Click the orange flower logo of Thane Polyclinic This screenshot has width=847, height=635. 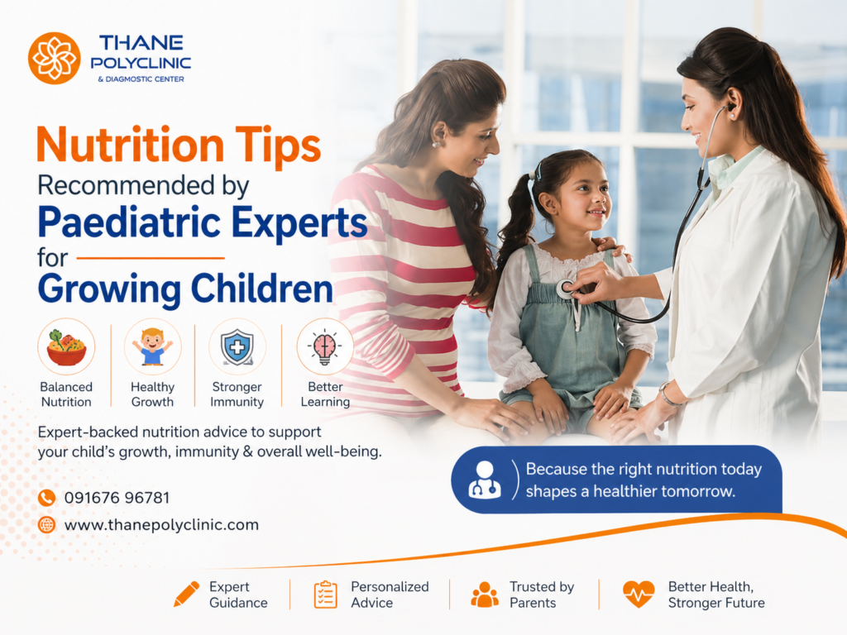tap(54, 59)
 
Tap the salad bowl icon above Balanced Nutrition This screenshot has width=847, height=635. tap(66, 347)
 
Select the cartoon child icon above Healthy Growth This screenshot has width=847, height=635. tap(153, 346)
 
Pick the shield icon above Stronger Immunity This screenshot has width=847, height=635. tap(237, 347)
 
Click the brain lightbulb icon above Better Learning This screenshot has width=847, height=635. tap(324, 347)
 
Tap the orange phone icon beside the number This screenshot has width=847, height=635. tap(46, 497)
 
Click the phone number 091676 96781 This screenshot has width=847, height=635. tap(117, 497)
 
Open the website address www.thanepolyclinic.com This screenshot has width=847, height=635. tap(161, 525)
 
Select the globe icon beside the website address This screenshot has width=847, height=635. tap(46, 524)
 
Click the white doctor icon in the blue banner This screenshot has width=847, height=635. tap(485, 480)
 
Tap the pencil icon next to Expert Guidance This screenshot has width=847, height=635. tap(186, 594)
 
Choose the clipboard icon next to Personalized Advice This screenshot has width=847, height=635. tap(326, 594)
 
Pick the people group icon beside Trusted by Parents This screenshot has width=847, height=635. tap(485, 594)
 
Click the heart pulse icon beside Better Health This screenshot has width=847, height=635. tap(639, 594)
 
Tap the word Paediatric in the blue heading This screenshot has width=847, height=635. tap(130, 222)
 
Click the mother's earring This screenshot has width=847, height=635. tap(435, 144)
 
